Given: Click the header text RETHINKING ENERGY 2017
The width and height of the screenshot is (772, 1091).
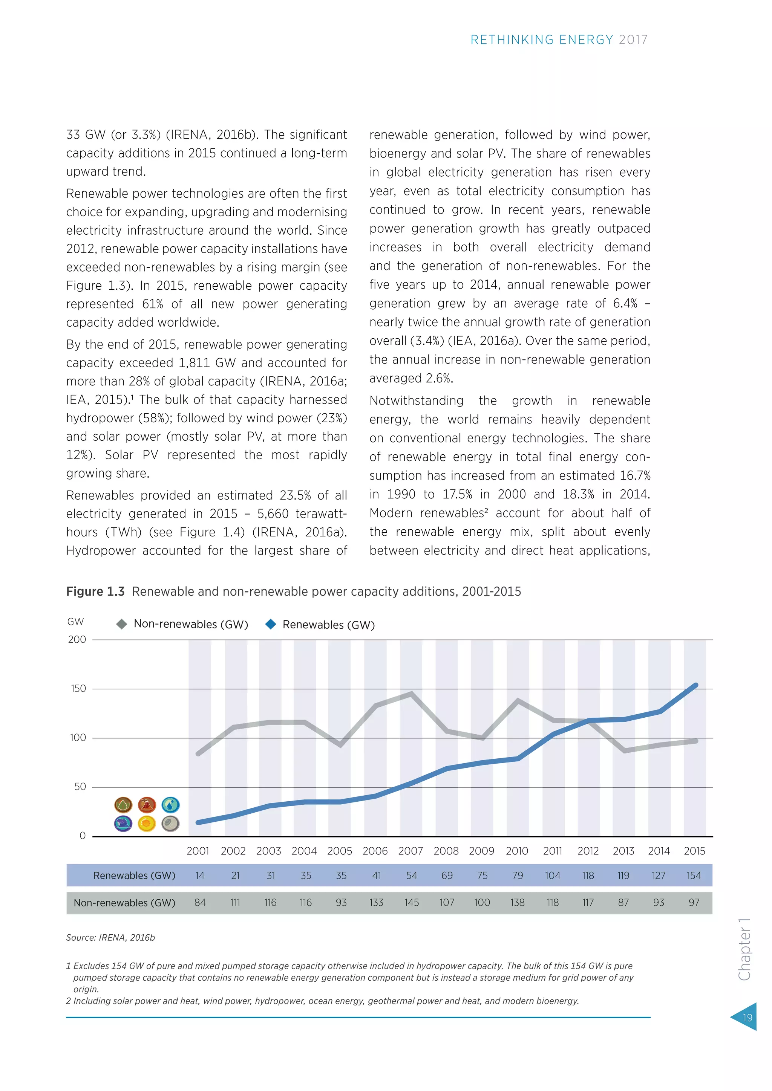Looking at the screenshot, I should point(559,40).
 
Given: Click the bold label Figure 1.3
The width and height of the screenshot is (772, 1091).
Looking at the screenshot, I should point(95,591).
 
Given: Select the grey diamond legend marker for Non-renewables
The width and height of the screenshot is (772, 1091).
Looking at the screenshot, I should point(122,624).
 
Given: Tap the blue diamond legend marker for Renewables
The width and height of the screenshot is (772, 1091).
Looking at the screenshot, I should point(271,624).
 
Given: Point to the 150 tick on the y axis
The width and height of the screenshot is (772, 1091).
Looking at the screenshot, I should point(78,689).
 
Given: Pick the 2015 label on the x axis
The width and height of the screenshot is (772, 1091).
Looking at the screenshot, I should point(694,851).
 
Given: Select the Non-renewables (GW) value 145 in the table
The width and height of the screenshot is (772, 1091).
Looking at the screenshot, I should point(411,902).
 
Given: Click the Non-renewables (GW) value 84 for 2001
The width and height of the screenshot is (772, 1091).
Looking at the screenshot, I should point(200,902).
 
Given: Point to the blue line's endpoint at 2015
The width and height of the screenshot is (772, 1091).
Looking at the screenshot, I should point(695,685).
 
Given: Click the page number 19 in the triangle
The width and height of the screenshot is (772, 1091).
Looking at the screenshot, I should point(747,1017).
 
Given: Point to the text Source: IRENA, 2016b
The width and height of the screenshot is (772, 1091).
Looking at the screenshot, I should point(110,938).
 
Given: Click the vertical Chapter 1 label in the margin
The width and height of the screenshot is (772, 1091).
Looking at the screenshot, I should point(744,950).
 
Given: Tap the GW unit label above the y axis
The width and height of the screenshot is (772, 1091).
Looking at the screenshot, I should point(76,622).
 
